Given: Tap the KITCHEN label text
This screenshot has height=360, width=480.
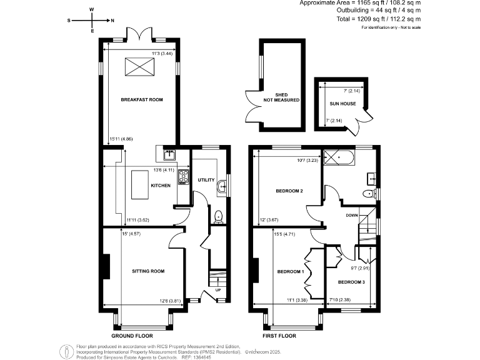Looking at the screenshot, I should tap(161, 186).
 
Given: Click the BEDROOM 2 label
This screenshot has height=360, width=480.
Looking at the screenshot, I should tap(289, 191).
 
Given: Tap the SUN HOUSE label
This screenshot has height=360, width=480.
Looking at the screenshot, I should tap(343, 103).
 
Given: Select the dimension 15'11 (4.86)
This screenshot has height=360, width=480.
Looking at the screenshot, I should tap(121, 139).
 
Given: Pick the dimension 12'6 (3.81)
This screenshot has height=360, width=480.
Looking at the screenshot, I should tap(171, 301).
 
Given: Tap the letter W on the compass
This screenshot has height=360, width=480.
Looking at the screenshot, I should tap(92, 10).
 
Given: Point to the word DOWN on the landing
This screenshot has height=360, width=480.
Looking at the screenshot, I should tap(352, 215).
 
